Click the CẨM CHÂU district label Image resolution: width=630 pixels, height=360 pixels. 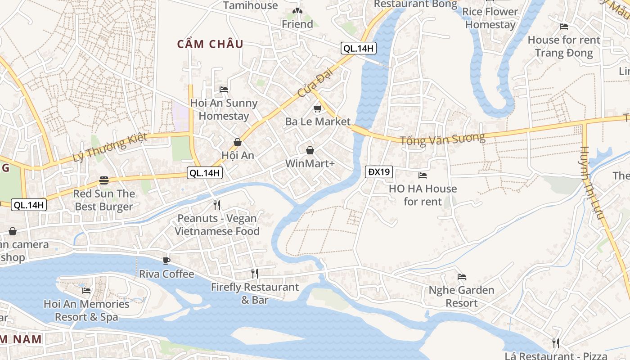pyautogui.click(x=210, y=44)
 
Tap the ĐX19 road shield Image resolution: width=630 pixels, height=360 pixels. pyautogui.click(x=378, y=171)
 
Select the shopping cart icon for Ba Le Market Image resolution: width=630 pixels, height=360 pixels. pyautogui.click(x=317, y=108)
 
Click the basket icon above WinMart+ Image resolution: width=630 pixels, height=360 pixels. pyautogui.click(x=310, y=150)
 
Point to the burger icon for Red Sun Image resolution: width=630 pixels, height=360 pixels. pyautogui.click(x=104, y=180)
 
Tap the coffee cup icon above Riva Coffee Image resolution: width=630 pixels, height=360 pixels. pyautogui.click(x=166, y=261)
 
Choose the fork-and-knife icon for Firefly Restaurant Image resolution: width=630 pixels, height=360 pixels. pyautogui.click(x=255, y=273)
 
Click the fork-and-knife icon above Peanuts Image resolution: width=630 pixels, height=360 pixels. pyautogui.click(x=217, y=205)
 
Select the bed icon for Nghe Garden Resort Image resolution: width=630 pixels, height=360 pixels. pyautogui.click(x=461, y=277)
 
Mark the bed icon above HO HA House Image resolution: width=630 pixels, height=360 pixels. pyautogui.click(x=423, y=175)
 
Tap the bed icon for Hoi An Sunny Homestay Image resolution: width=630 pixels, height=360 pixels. pyautogui.click(x=224, y=90)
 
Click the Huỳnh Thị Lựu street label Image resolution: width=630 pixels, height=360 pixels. pyautogui.click(x=591, y=182)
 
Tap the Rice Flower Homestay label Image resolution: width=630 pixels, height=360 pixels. pyautogui.click(x=490, y=18)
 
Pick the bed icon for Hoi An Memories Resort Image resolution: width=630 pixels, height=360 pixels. pyautogui.click(x=86, y=291)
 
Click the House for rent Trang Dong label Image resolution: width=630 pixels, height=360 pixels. pyautogui.click(x=564, y=46)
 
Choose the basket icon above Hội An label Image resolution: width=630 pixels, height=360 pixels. pyautogui.click(x=238, y=143)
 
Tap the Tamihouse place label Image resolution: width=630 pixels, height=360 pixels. pyautogui.click(x=251, y=5)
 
